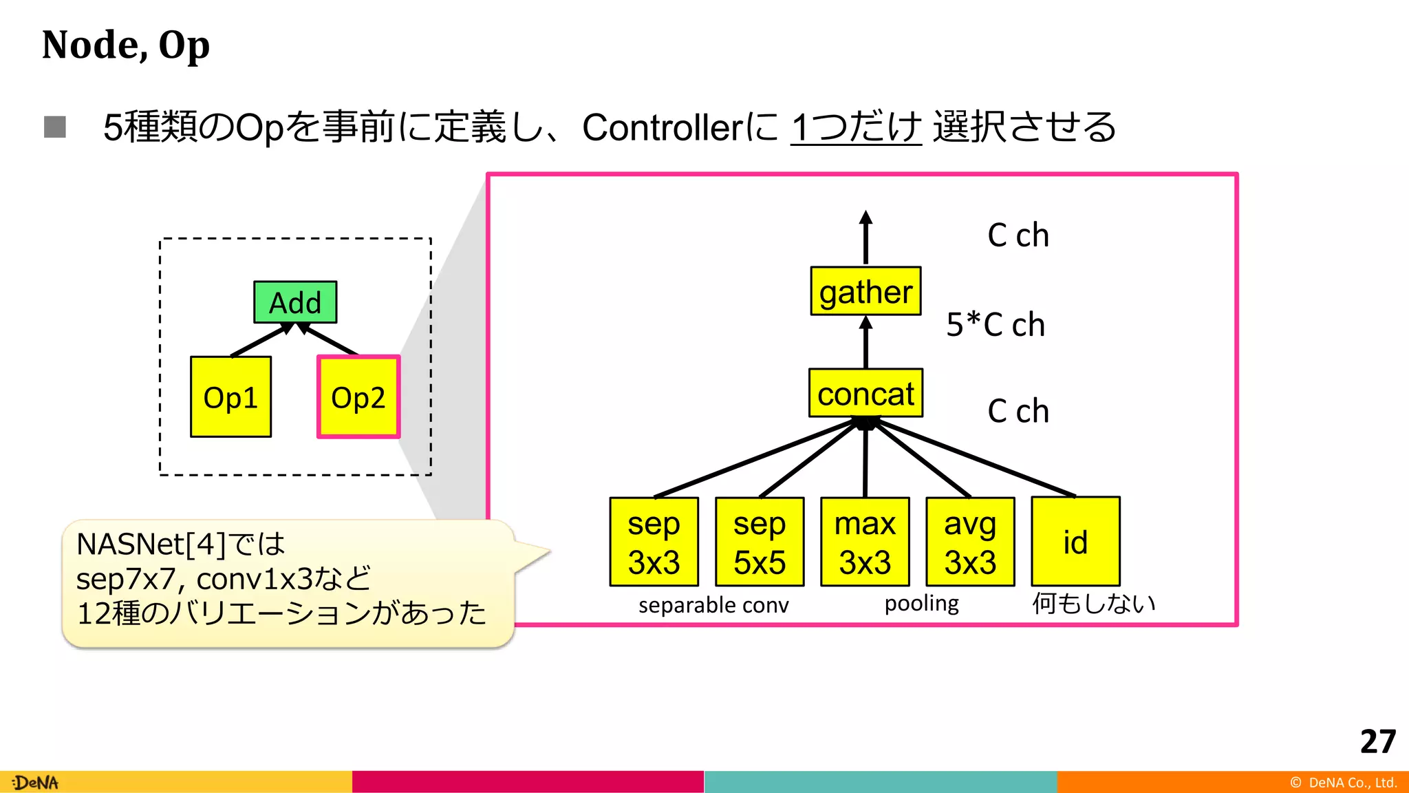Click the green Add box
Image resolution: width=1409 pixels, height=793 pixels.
click(295, 302)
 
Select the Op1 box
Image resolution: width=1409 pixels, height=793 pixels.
click(230, 397)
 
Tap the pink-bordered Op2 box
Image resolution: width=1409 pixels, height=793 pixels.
click(358, 397)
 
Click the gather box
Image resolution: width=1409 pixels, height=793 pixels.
click(865, 291)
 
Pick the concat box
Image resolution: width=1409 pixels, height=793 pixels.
click(865, 393)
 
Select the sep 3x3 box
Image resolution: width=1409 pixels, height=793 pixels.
click(654, 542)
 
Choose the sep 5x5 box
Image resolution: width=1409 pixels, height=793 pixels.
click(760, 542)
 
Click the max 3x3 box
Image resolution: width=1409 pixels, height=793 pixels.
click(865, 542)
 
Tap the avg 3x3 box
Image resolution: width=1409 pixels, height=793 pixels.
click(970, 542)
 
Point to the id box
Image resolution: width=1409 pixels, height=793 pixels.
click(1075, 542)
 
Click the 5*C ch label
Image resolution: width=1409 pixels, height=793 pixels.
click(996, 324)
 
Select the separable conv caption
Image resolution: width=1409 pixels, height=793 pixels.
click(713, 605)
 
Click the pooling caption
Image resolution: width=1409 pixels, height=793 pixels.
click(921, 604)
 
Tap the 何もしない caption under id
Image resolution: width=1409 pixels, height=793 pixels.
click(1093, 603)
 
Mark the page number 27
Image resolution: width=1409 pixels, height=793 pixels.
click(1377, 741)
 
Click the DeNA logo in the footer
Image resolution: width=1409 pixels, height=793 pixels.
click(36, 783)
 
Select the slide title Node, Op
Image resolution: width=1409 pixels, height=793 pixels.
click(126, 45)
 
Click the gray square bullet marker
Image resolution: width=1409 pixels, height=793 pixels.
click(55, 127)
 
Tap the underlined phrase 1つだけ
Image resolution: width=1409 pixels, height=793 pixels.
click(856, 127)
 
